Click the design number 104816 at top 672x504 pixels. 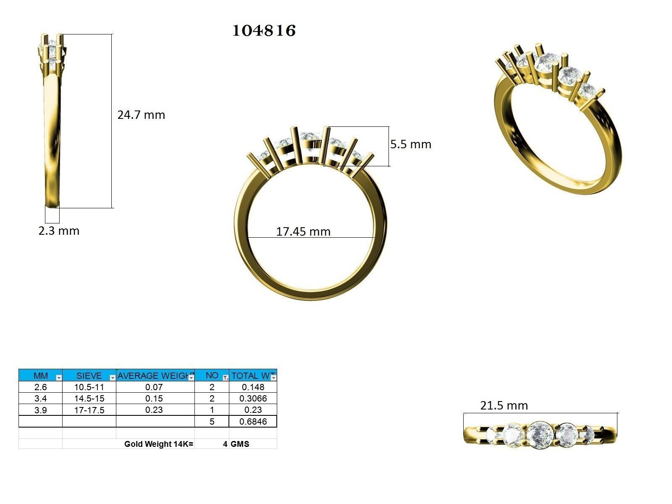[x=264, y=31]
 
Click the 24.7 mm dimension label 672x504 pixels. [x=141, y=115]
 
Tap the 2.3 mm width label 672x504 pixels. [x=59, y=231]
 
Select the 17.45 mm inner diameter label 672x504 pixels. [x=303, y=232]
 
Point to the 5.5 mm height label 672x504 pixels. [x=410, y=144]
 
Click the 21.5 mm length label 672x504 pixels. [x=504, y=406]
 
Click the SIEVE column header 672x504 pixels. [x=89, y=376]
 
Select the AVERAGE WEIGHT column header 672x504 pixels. [x=155, y=376]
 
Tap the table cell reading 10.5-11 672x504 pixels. [x=89, y=387]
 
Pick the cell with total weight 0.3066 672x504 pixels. [x=253, y=399]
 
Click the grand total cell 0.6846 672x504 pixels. [x=253, y=422]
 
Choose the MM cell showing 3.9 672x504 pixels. [x=40, y=410]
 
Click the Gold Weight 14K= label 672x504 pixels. [x=159, y=444]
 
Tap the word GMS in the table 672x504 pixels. [x=240, y=444]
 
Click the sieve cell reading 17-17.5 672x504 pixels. [x=89, y=410]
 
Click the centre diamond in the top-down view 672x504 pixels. [x=540, y=435]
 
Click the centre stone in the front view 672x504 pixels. [x=310, y=140]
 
